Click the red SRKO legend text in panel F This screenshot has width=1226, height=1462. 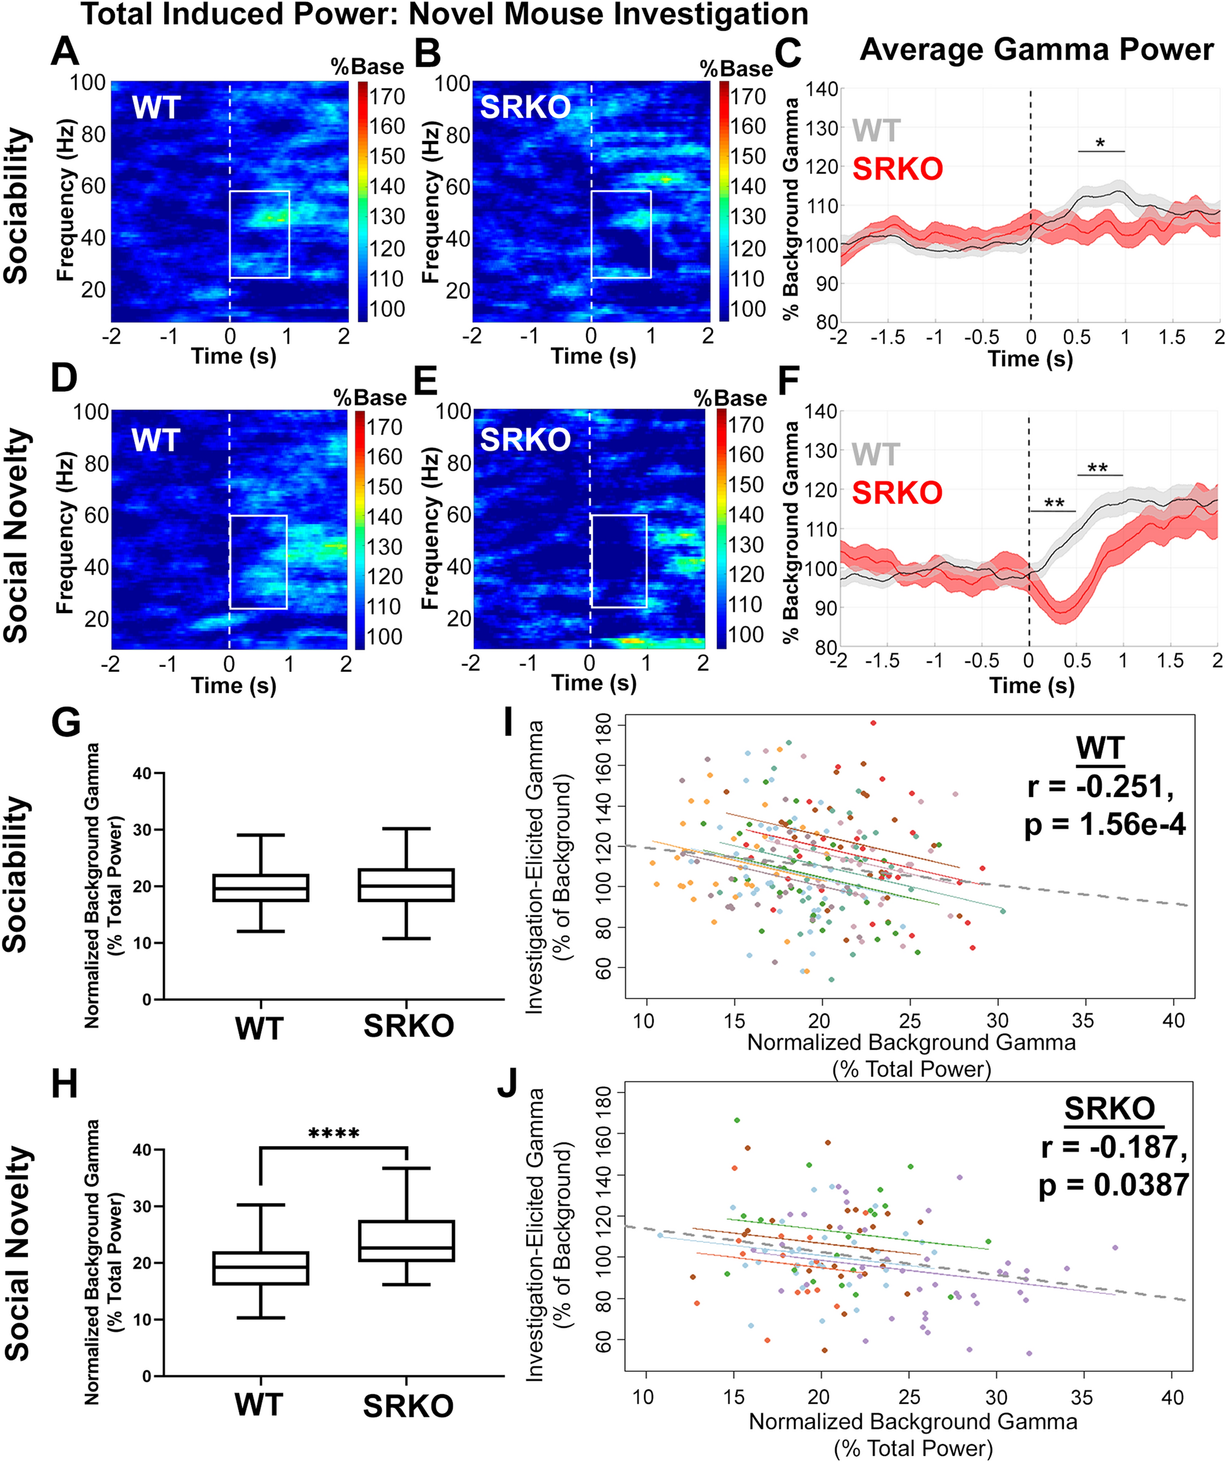click(897, 493)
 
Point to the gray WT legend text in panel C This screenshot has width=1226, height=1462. click(876, 131)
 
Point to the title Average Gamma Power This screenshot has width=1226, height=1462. click(1037, 50)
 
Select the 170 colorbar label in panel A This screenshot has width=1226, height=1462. click(387, 96)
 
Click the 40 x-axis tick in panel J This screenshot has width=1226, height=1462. click(1172, 1397)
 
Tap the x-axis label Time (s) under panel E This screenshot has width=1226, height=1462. click(594, 683)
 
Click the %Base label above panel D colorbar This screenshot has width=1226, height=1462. click(370, 398)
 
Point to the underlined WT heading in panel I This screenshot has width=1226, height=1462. click(1100, 749)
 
